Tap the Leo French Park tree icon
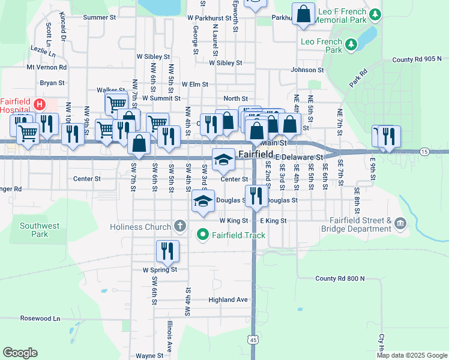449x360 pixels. pyautogui.click(x=349, y=44)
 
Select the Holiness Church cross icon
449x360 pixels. pyautogui.click(x=179, y=226)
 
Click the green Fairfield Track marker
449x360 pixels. pyautogui.click(x=203, y=235)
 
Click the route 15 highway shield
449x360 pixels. pyautogui.click(x=424, y=151)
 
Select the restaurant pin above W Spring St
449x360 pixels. pyautogui.click(x=167, y=251)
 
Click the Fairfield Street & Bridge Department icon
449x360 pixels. pyautogui.click(x=400, y=224)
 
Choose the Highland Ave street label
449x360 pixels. pyautogui.click(x=228, y=299)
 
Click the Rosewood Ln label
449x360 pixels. pyautogui.click(x=40, y=318)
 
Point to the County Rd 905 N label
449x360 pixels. pyautogui.click(x=417, y=59)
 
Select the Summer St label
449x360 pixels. pyautogui.click(x=99, y=17)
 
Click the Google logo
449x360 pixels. pyautogui.click(x=20, y=353)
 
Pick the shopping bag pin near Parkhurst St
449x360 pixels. pyautogui.click(x=304, y=14)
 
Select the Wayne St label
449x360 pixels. pyautogui.click(x=149, y=355)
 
